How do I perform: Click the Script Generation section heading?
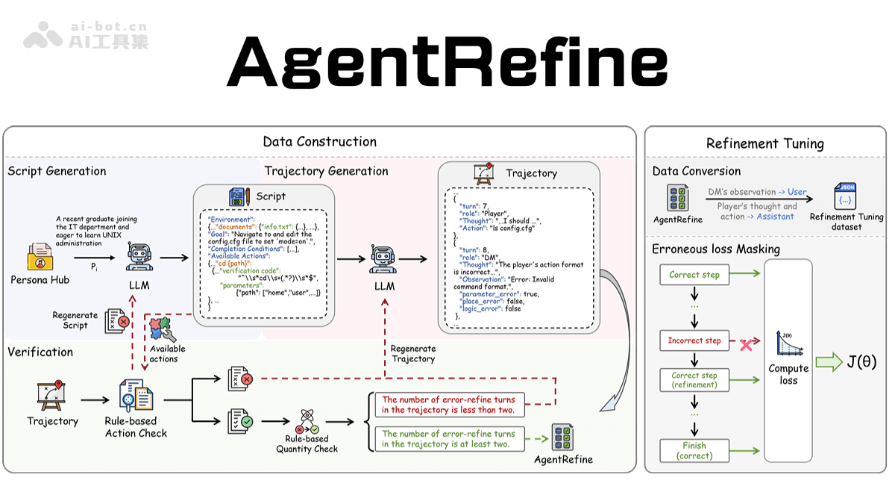[57, 171]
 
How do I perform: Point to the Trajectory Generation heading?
[326, 171]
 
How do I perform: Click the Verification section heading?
[40, 352]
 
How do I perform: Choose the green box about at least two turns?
[448, 439]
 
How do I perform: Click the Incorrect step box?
[694, 340]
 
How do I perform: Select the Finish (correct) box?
[694, 450]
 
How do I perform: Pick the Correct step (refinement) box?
[694, 380]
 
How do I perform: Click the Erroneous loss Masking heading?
[716, 249]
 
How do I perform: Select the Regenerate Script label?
[75, 320]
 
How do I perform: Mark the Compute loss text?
[788, 374]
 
